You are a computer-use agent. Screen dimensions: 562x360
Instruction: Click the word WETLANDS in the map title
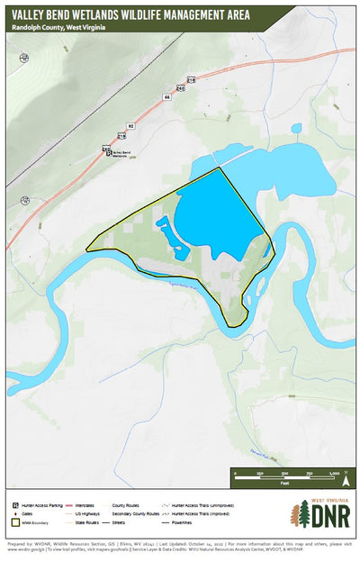tap(115, 14)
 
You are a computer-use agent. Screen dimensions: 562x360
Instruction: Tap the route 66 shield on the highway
tap(166, 95)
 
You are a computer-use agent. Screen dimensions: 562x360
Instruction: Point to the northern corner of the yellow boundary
tap(219, 168)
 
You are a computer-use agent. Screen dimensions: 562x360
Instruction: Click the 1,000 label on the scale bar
tap(334, 473)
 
